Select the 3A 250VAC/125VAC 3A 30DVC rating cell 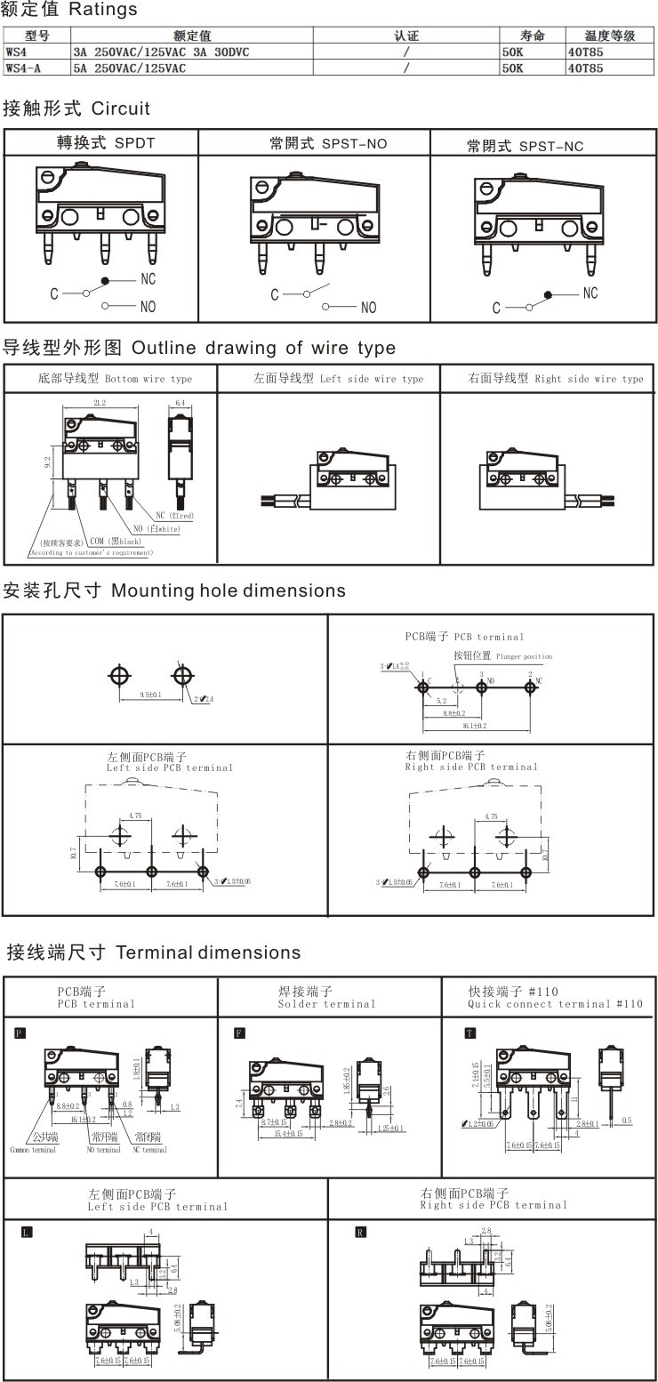pyautogui.click(x=161, y=52)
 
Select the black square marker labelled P pyautogui.click(x=20, y=1032)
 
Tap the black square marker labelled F pyautogui.click(x=239, y=1032)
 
